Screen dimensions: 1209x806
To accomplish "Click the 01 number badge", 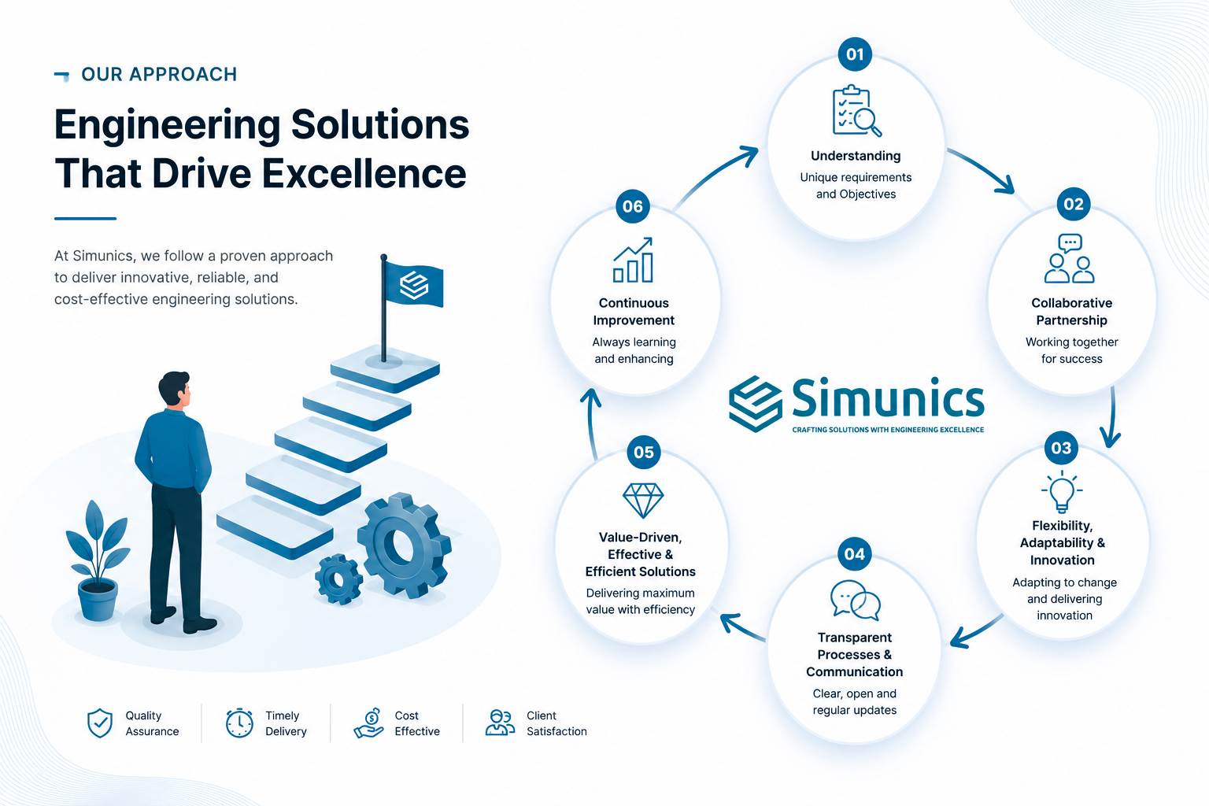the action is click(854, 54).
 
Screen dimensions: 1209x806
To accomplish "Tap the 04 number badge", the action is click(854, 554).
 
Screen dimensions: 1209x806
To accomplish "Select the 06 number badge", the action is click(633, 206).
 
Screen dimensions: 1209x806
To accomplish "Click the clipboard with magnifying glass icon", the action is click(856, 111).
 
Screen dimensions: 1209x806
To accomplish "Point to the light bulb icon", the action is click(1062, 491).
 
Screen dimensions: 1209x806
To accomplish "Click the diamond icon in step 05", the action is click(643, 500).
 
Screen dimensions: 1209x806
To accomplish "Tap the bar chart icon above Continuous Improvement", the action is click(633, 260).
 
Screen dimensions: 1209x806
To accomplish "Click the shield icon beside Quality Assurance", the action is click(100, 723).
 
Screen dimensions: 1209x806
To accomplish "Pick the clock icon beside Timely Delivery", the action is click(239, 723).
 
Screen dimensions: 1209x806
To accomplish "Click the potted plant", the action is click(98, 561).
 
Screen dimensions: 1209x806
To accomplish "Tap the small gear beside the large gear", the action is click(338, 579).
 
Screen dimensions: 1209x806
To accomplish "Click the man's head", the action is click(175, 388).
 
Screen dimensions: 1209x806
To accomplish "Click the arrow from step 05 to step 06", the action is click(591, 423).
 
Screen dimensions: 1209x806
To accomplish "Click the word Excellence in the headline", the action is click(364, 173).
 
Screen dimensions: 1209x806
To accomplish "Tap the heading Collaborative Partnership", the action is click(1071, 312).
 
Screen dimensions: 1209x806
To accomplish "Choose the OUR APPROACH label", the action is click(159, 75).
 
